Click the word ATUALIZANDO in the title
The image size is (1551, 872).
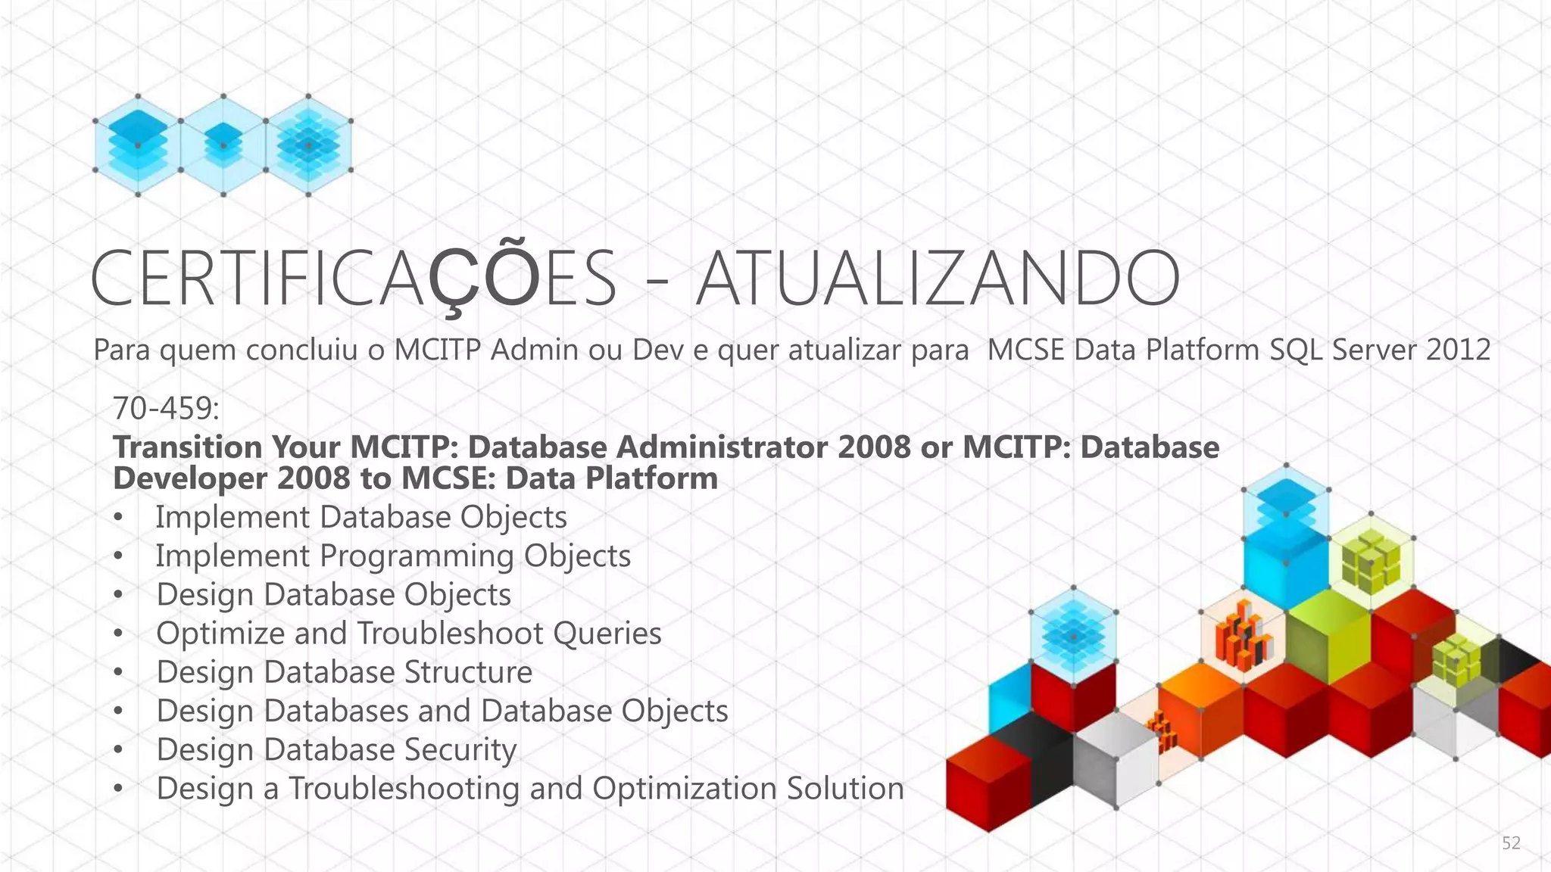(938, 279)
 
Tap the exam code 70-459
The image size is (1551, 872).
(166, 409)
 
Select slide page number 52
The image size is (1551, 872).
(1511, 843)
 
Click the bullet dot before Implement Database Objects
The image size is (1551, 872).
(118, 519)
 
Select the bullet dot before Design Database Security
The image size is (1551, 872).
(118, 751)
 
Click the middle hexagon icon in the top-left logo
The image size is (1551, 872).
(223, 145)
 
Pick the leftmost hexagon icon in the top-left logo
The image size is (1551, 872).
(138, 145)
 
